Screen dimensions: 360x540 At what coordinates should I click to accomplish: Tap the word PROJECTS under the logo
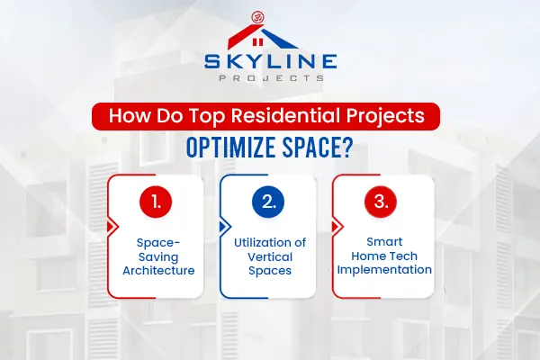click(270, 78)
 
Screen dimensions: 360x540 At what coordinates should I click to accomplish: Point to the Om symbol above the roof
click(270, 15)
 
